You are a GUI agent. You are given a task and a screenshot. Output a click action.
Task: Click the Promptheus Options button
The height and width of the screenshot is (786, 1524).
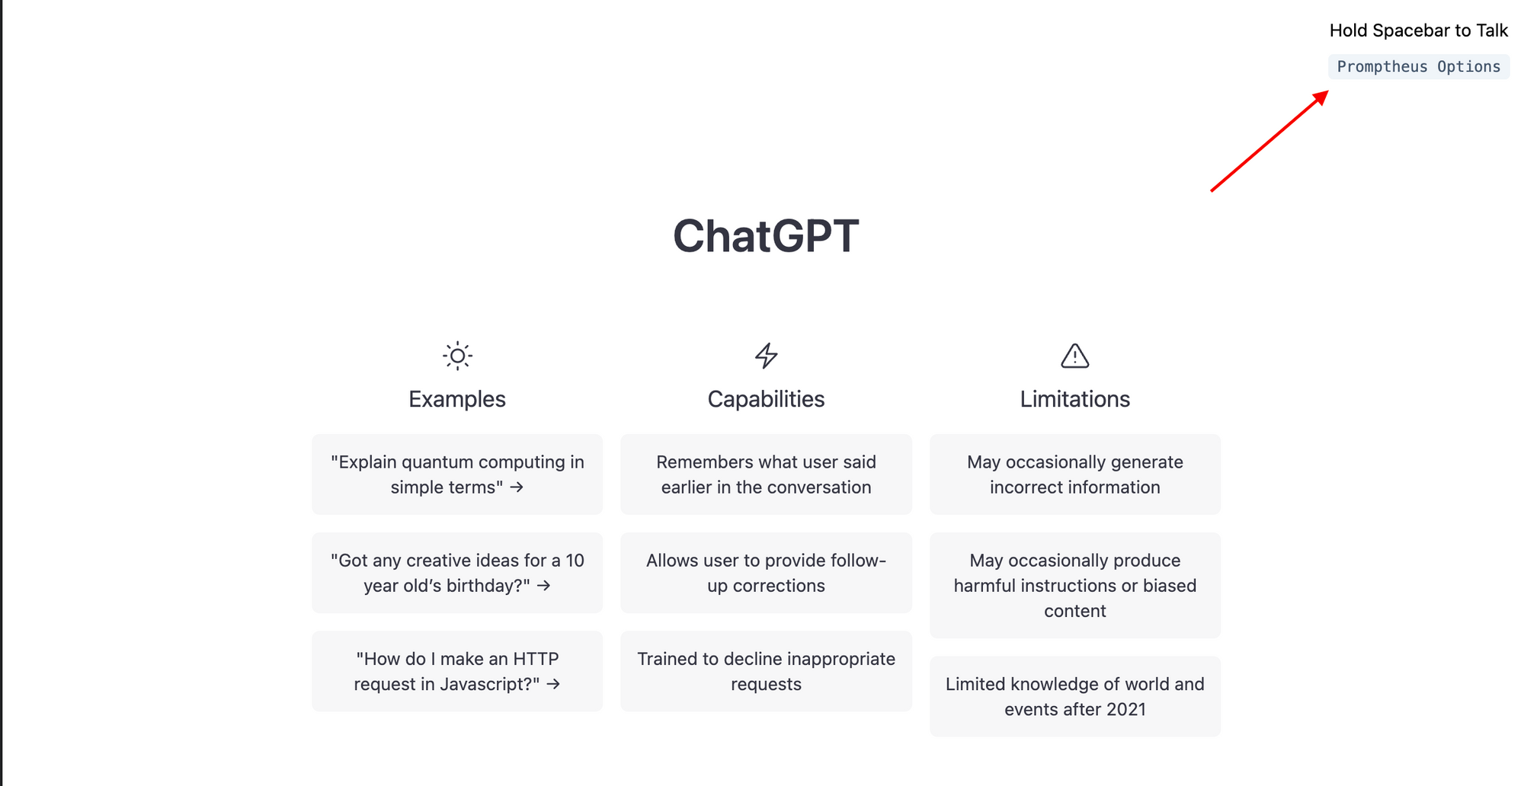(x=1418, y=67)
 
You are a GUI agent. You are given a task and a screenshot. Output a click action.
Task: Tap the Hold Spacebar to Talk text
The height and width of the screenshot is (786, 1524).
(x=1418, y=30)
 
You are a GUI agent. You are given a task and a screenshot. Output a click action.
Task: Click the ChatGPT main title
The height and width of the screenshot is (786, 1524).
(x=766, y=236)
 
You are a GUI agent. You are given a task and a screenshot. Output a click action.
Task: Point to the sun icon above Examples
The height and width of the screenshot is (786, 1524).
(x=457, y=356)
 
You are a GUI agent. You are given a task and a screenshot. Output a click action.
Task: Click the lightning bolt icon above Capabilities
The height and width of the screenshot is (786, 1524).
(x=766, y=356)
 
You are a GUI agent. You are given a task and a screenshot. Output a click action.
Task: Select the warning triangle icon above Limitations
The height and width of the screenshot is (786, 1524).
(x=1074, y=356)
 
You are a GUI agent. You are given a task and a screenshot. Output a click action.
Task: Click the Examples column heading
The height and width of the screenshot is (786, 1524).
(x=457, y=399)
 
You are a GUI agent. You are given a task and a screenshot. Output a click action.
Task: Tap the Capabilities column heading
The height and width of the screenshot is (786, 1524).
(x=766, y=399)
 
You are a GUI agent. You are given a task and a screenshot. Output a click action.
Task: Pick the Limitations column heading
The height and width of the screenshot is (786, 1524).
(x=1074, y=399)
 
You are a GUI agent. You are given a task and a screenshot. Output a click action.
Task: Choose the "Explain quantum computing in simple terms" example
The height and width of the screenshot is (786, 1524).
(x=457, y=474)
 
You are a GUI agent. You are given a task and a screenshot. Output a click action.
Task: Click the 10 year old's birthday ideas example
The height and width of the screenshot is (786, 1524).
(x=457, y=573)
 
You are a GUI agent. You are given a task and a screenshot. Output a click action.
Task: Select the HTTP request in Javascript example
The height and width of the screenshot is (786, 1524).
(x=457, y=671)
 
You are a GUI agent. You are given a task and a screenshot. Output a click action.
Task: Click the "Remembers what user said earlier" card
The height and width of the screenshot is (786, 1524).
(x=766, y=474)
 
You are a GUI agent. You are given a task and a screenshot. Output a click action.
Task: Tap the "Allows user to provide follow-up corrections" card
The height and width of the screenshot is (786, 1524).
(x=766, y=573)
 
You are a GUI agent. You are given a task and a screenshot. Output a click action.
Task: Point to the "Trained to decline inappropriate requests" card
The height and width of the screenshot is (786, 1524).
(x=766, y=671)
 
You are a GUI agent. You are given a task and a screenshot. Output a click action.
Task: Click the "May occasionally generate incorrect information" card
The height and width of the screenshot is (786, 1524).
(x=1074, y=474)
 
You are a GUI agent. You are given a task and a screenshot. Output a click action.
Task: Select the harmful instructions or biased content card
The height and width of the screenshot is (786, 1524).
(x=1074, y=585)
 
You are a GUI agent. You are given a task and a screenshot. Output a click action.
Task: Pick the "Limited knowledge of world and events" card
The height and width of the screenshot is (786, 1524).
(x=1074, y=696)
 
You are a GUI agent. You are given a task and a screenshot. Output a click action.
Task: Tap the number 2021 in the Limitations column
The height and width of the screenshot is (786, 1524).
(x=1125, y=710)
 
